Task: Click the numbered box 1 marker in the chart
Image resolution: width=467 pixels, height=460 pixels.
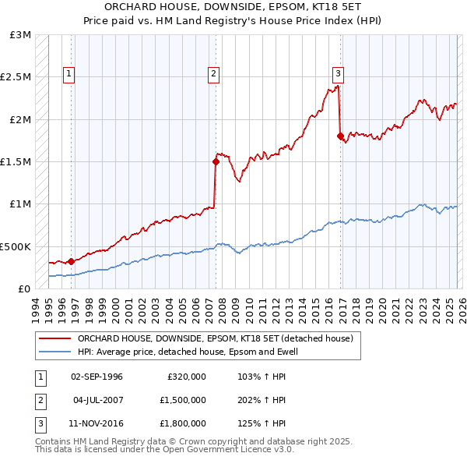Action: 68,74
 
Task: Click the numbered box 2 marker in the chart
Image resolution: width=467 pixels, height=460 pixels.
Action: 213,74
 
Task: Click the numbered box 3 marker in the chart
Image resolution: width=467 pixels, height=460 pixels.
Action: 339,74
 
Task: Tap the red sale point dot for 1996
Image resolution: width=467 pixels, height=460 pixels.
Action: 71,261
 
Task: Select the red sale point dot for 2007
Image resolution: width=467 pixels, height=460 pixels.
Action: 216,162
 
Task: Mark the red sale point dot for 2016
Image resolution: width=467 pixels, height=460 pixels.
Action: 340,136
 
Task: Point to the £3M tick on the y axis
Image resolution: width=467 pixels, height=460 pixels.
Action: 21,35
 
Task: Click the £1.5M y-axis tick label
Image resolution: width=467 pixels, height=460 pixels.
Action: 18,161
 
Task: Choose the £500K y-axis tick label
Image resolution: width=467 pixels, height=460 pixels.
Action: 16,246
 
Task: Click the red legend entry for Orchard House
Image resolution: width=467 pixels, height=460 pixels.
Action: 215,339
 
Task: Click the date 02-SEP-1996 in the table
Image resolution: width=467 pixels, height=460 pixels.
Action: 97,377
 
